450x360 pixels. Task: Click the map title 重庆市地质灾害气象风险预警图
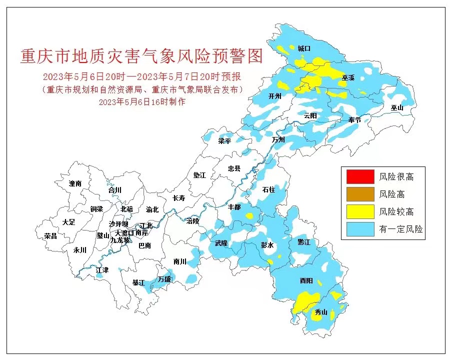(x=141, y=56)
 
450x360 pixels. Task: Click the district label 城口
(x=304, y=48)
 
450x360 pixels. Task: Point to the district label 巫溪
(x=348, y=78)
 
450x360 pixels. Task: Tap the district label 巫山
(x=397, y=107)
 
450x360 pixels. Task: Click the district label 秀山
(x=320, y=312)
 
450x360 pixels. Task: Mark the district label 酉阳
(x=306, y=281)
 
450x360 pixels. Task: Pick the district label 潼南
(x=75, y=183)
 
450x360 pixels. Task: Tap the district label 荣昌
(x=50, y=235)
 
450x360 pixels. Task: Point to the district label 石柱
(x=268, y=189)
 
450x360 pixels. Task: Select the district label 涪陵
(x=192, y=220)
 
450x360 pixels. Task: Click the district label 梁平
(x=224, y=141)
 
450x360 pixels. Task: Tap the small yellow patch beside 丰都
(x=249, y=216)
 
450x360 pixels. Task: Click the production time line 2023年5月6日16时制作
(x=142, y=101)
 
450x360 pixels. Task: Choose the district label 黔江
(x=304, y=241)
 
